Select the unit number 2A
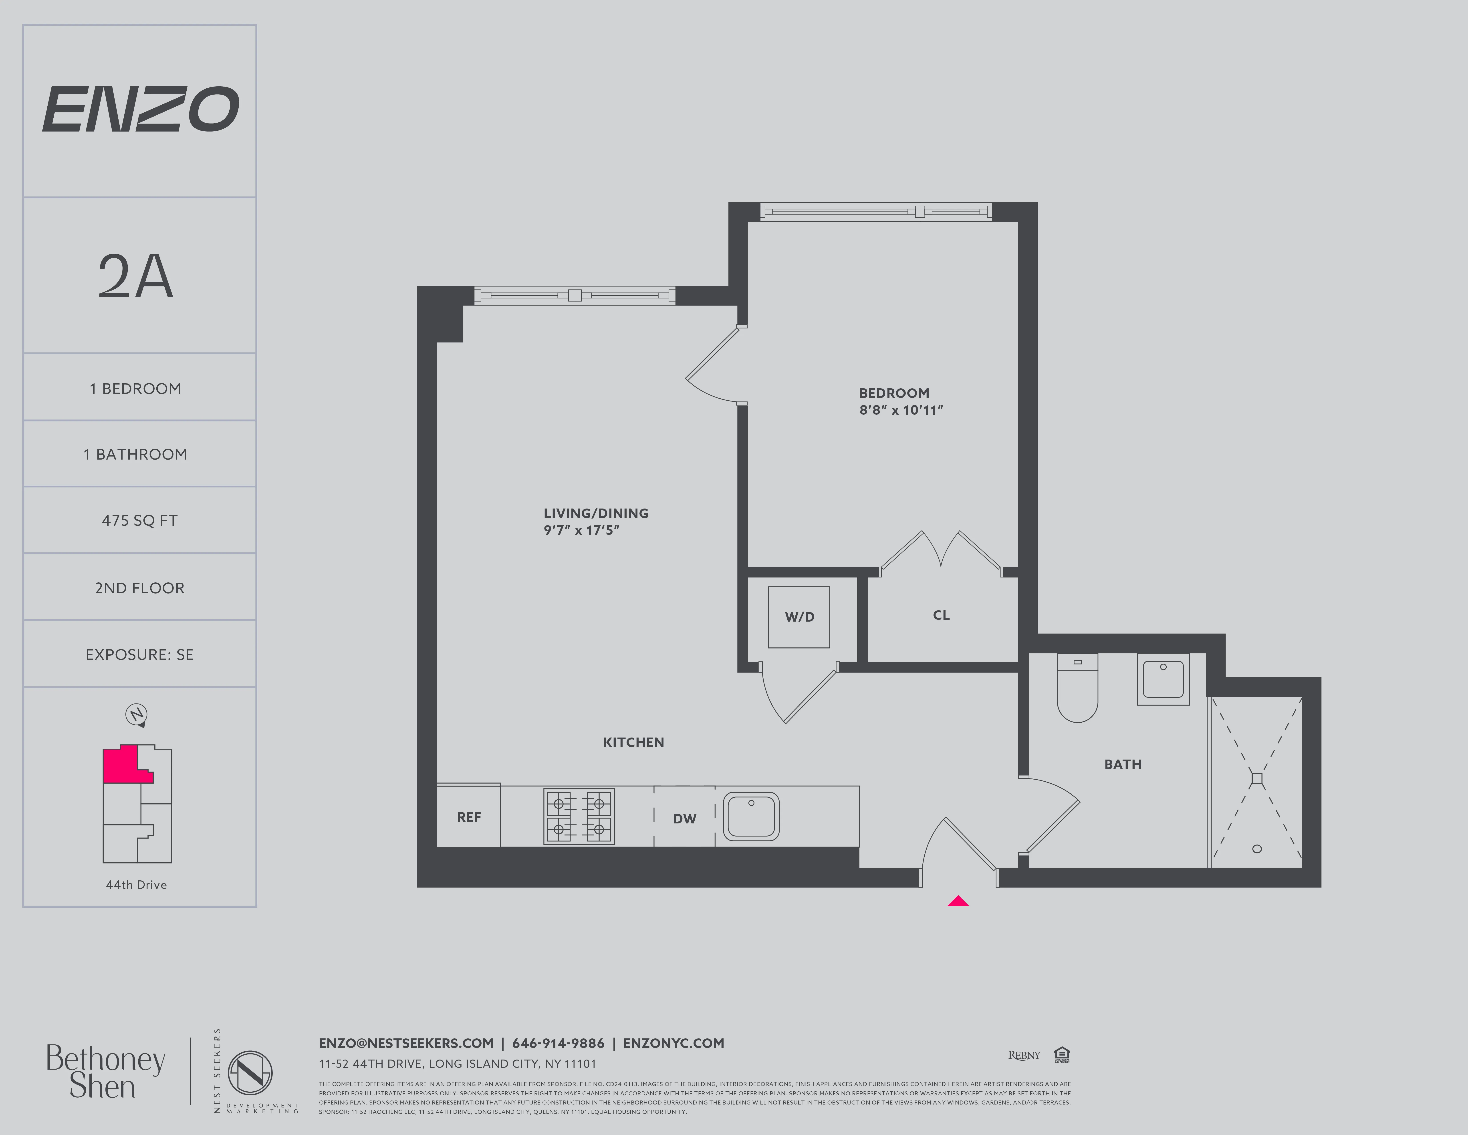[136, 277]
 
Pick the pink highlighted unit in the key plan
[121, 765]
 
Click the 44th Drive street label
[136, 885]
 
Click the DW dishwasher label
[684, 818]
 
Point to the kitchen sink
[751, 816]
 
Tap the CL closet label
[941, 615]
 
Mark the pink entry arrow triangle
[958, 902]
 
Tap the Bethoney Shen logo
[105, 1072]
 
